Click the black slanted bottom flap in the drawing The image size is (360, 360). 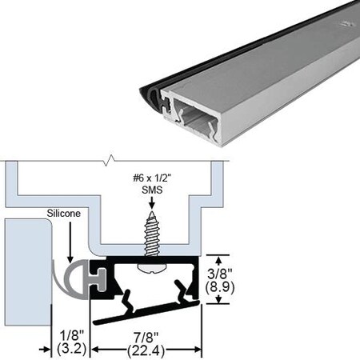click(144, 315)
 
